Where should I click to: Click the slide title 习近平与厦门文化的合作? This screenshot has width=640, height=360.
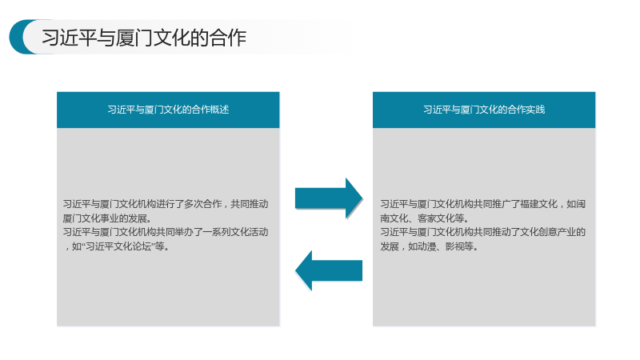(144, 38)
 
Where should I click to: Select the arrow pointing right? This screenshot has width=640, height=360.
(329, 198)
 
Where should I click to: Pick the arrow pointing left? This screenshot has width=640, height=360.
(329, 270)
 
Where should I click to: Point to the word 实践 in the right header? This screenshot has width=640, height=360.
(535, 110)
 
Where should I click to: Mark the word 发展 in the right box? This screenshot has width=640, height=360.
(390, 246)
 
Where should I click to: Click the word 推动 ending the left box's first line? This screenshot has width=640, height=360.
(258, 204)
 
